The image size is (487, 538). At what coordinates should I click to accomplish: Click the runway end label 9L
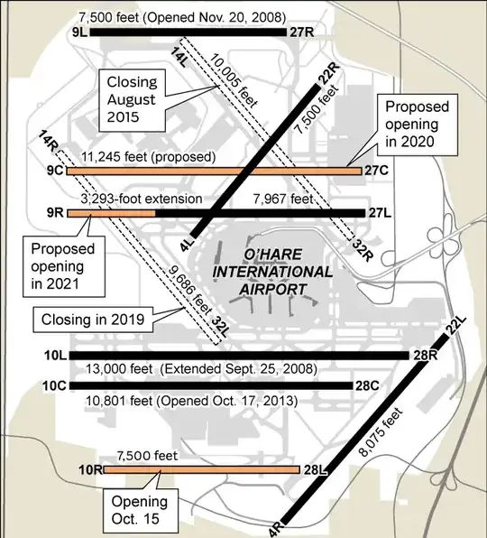coord(78,32)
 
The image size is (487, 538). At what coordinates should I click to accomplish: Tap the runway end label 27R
coord(301,32)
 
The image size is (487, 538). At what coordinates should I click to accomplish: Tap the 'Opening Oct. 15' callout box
coord(140,510)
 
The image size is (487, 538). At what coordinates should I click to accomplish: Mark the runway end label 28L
coord(314,469)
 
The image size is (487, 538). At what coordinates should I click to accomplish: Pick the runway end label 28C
coord(366,385)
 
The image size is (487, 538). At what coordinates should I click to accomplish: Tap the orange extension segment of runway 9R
coord(111,213)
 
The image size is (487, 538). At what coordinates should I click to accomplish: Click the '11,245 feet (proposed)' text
coord(147,156)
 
